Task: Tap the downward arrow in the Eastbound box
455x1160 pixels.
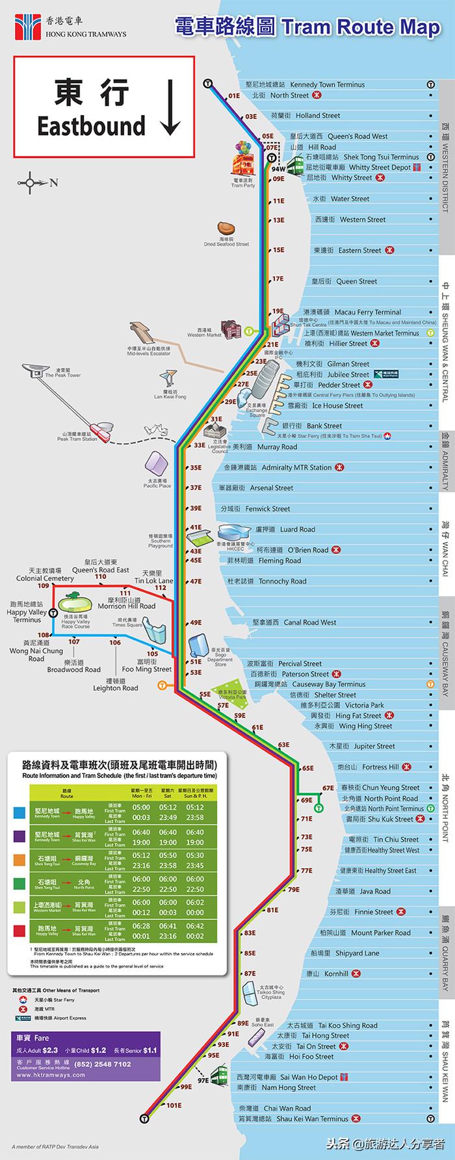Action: (171, 108)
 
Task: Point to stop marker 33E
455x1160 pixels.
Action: (198, 446)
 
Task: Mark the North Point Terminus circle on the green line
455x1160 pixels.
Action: (318, 808)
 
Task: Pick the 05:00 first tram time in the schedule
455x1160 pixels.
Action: (141, 807)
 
